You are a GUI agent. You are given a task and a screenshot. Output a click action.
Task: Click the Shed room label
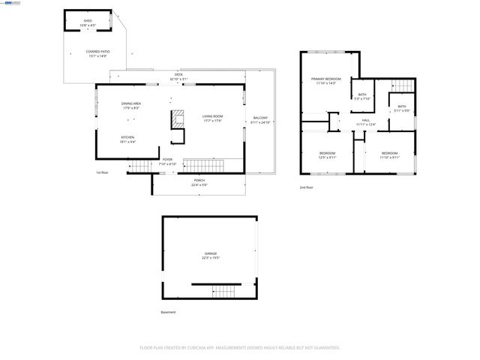(88, 23)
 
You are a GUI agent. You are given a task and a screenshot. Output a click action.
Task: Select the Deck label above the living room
(178, 76)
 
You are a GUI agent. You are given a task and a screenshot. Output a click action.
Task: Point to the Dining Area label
(131, 106)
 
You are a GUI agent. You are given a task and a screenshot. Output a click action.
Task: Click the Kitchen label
(128, 139)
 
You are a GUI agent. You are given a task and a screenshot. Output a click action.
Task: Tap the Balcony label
(259, 120)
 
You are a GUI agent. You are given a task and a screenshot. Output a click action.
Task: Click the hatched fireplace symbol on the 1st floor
(178, 119)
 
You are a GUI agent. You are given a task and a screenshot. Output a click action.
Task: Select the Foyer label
(167, 161)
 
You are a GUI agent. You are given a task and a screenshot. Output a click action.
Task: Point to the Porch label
(199, 181)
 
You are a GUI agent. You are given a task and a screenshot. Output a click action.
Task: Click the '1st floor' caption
(103, 172)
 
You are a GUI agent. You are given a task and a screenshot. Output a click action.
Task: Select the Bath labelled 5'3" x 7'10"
(362, 96)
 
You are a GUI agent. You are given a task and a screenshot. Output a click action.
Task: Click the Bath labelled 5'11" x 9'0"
(402, 109)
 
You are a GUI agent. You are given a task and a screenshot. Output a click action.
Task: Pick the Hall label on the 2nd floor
(366, 122)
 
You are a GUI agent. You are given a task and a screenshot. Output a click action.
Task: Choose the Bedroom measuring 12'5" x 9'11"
(327, 155)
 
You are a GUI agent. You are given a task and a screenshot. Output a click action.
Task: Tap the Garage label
(211, 255)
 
